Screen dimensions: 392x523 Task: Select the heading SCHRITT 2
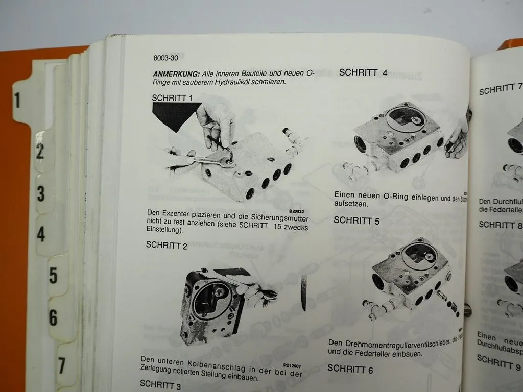point(167,245)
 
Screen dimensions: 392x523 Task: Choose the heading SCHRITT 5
point(356,220)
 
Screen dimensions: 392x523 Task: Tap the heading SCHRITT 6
point(350,369)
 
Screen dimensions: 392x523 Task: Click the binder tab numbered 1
point(17,101)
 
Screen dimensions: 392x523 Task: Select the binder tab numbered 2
point(40,152)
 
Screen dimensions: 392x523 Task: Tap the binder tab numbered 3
point(40,194)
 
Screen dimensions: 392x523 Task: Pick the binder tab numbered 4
point(41,235)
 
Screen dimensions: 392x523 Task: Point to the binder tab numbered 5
point(53,276)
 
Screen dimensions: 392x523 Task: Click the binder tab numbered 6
point(53,317)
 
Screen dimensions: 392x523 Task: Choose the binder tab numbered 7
point(62,365)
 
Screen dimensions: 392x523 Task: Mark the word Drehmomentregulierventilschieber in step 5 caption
point(398,343)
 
